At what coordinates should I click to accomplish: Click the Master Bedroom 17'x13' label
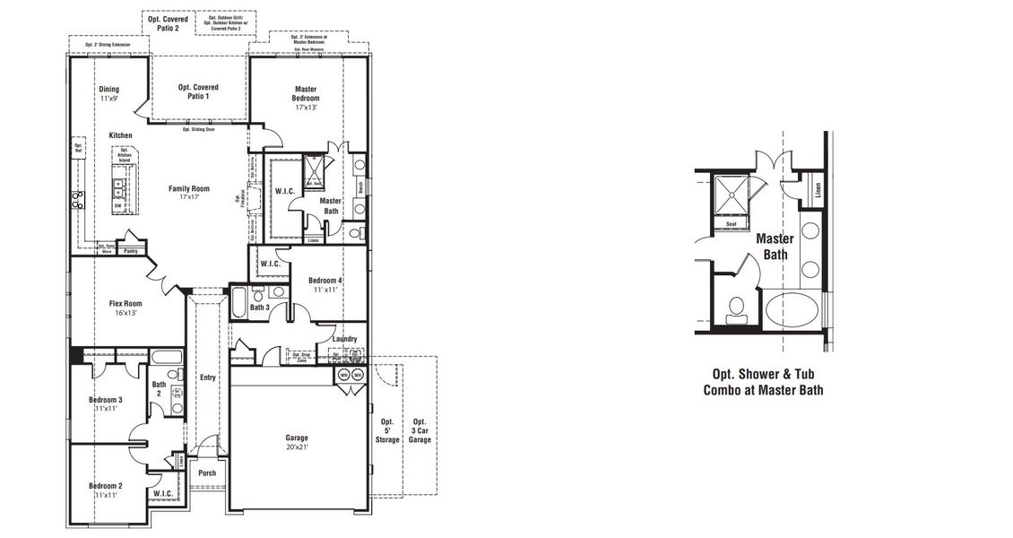[307, 98]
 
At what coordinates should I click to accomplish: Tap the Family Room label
[189, 193]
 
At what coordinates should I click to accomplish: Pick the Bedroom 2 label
[105, 490]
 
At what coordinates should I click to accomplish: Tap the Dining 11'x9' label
[108, 94]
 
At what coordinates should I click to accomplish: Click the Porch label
[207, 473]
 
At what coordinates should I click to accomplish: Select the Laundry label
[344, 339]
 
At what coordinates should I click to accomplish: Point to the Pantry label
[131, 252]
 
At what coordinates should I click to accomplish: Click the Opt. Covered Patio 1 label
[198, 91]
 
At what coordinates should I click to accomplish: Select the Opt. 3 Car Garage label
[420, 430]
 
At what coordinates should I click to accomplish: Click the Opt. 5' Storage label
[387, 430]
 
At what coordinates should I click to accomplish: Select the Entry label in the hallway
[208, 377]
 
